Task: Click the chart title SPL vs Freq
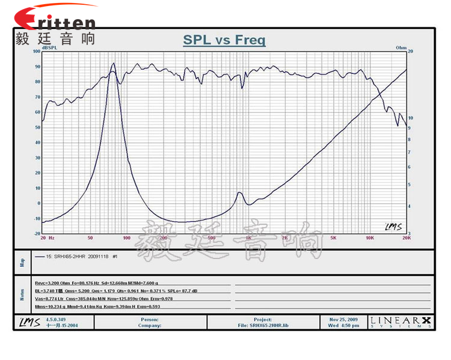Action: click(224, 40)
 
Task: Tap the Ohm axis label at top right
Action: click(401, 47)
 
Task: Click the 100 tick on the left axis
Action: click(35, 52)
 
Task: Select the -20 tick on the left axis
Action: click(35, 233)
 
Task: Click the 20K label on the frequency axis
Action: click(407, 238)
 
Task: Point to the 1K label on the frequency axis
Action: click(248, 238)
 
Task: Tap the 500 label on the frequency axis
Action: click(211, 238)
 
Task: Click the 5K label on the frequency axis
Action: click(334, 238)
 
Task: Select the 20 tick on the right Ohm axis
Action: click(410, 52)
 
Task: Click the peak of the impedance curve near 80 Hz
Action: click(112, 63)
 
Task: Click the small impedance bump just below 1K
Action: click(239, 192)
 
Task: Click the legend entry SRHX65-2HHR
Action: click(78, 257)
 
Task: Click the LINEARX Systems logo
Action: click(401, 322)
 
